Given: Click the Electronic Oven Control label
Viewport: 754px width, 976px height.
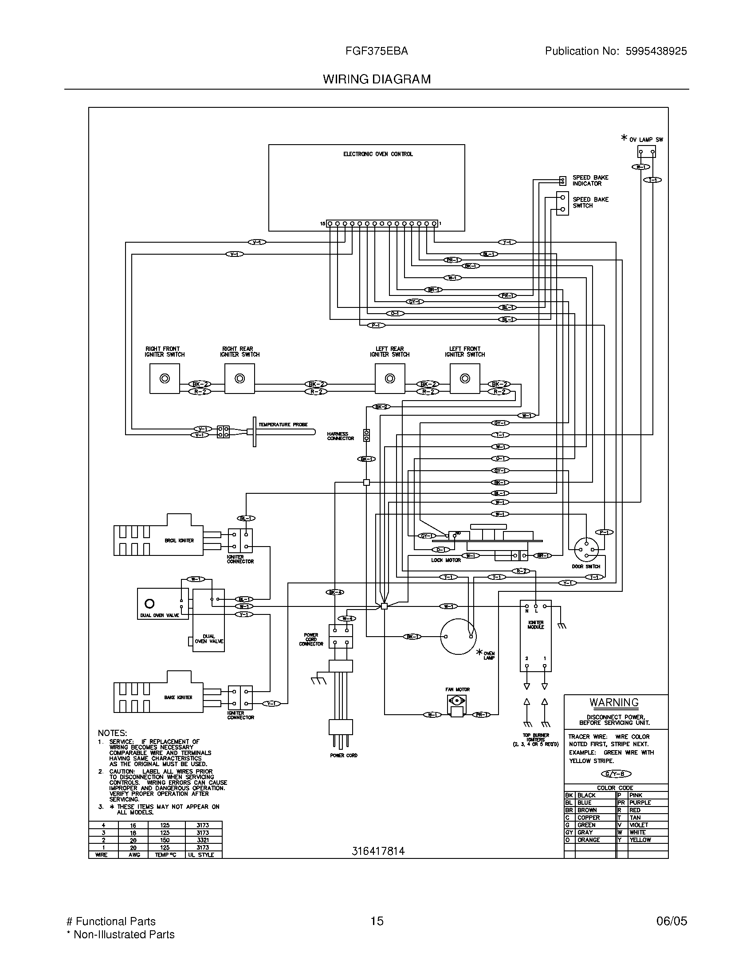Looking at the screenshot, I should coord(378,154).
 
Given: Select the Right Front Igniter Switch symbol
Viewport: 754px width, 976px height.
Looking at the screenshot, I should coord(165,378).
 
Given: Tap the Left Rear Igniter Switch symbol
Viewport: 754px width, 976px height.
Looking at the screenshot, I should coord(390,378).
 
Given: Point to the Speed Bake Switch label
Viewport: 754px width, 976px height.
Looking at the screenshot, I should coord(590,202).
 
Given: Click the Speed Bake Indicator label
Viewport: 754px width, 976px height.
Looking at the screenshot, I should coord(590,181).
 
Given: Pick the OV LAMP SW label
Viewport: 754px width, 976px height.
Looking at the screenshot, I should coord(646,140).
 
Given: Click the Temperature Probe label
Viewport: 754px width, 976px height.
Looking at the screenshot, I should coord(283,425).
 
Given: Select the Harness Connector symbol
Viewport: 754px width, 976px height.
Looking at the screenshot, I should coord(367,435).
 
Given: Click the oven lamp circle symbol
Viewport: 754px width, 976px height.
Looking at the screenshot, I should coord(458,636).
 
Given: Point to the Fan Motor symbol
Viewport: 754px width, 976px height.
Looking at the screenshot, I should coord(457,706).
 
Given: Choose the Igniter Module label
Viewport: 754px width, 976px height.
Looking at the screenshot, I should coord(536,625).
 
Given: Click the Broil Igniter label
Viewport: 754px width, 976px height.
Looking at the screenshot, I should coord(179,541).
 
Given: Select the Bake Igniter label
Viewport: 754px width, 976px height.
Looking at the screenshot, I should coord(178,697).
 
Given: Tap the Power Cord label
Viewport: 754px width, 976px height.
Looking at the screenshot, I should coord(343,756).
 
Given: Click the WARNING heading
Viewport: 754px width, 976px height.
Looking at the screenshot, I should coord(614,703).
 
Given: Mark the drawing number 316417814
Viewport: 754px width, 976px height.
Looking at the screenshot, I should coord(378,851).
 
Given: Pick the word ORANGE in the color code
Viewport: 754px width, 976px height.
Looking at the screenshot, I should coord(589,840).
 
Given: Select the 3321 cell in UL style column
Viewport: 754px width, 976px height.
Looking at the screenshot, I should coord(203,840).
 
